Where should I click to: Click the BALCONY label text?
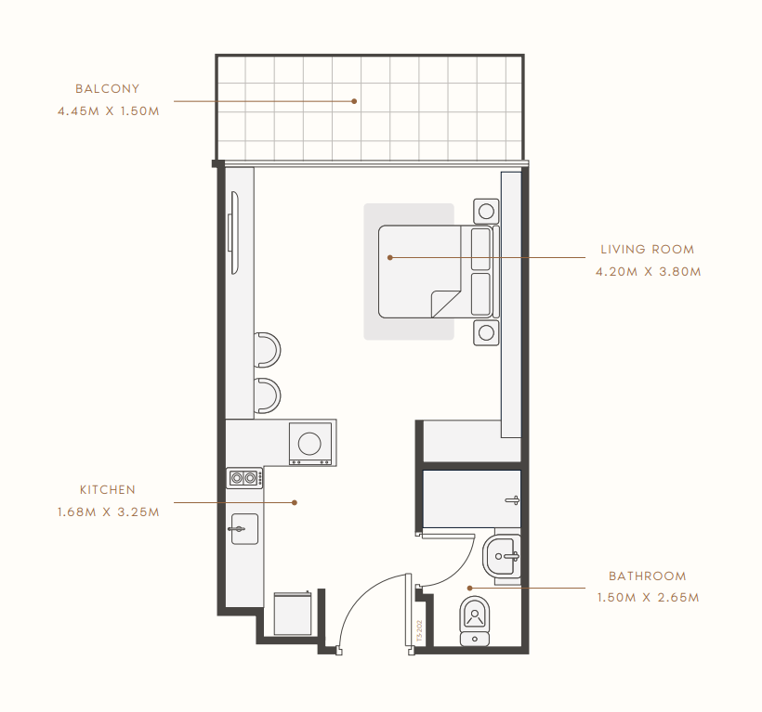pos(108,89)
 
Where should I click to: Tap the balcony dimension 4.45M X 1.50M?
pos(109,111)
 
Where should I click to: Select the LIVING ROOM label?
pos(648,250)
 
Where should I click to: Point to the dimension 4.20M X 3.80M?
pos(649,272)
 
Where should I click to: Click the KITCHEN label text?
pos(108,490)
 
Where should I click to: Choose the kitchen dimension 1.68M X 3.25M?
pos(109,512)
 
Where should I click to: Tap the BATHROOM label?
pos(648,576)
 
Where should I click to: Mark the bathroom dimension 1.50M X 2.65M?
pos(649,598)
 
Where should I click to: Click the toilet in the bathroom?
pos(474,621)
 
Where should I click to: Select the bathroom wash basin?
pos(502,556)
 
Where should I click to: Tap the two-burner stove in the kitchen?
pos(244,478)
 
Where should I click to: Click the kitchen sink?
pos(244,529)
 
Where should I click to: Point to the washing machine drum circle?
pos(309,444)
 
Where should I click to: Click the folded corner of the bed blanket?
pos(445,304)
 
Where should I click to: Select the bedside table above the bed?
pos(486,211)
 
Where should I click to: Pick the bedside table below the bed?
pos(486,333)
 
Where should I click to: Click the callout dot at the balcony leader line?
pos(354,101)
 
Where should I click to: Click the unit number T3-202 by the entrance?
pos(419,631)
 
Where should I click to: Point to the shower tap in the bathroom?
pos(513,500)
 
